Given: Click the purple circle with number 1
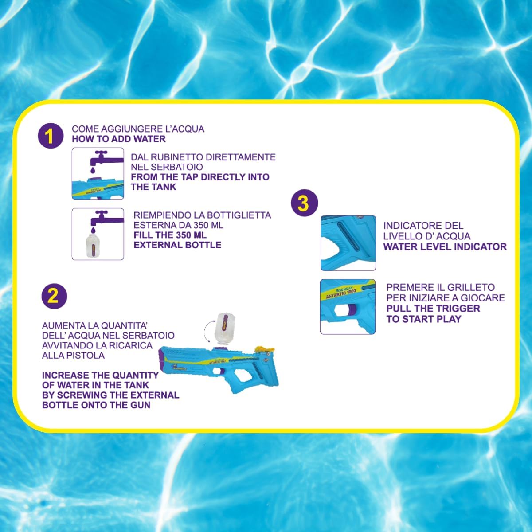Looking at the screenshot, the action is coord(51,136).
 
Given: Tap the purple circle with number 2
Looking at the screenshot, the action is coord(54,296).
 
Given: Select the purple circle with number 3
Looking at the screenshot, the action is coord(305,203).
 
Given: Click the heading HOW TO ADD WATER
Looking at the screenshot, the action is coord(119,139).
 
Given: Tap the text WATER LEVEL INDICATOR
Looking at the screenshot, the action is coord(445,246).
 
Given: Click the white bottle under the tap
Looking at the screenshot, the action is coord(92,246).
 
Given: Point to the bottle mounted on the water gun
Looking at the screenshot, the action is coord(224,328).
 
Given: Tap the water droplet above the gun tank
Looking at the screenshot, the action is coord(93,170).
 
